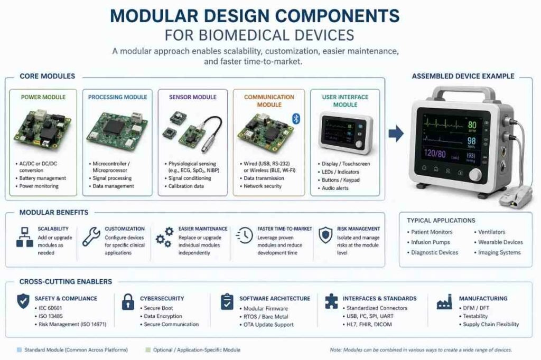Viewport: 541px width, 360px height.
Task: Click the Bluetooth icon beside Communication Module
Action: point(296,118)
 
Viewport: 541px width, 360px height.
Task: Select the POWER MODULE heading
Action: point(43,98)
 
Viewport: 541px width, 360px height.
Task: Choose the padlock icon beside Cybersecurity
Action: point(128,303)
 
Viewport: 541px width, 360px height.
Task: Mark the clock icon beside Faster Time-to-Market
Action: point(245,236)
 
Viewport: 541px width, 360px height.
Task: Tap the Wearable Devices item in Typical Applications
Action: point(500,242)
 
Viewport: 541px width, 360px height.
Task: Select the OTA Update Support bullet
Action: point(269,325)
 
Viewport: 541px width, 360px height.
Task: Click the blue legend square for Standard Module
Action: point(20,350)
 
